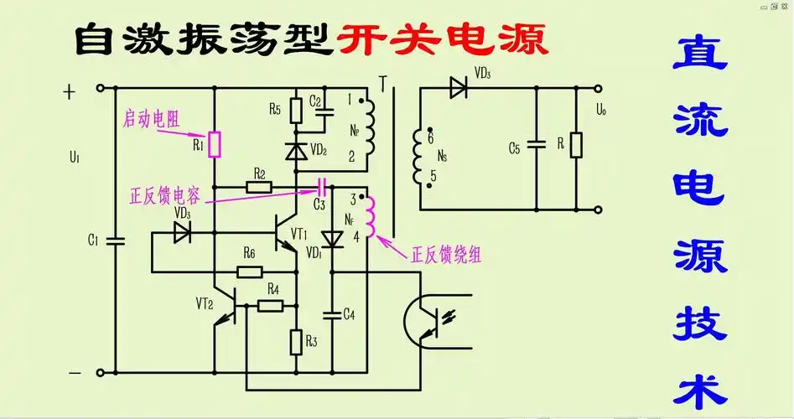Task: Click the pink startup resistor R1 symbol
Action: tap(215, 144)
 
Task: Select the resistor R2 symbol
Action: tap(259, 187)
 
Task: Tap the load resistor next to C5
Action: tap(576, 146)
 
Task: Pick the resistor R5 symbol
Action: tap(296, 111)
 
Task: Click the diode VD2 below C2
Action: tap(296, 152)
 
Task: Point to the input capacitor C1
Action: tap(117, 240)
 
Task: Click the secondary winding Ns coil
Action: tap(417, 158)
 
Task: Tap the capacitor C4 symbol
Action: tap(333, 314)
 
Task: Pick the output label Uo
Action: tap(599, 109)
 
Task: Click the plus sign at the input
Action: tap(70, 92)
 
